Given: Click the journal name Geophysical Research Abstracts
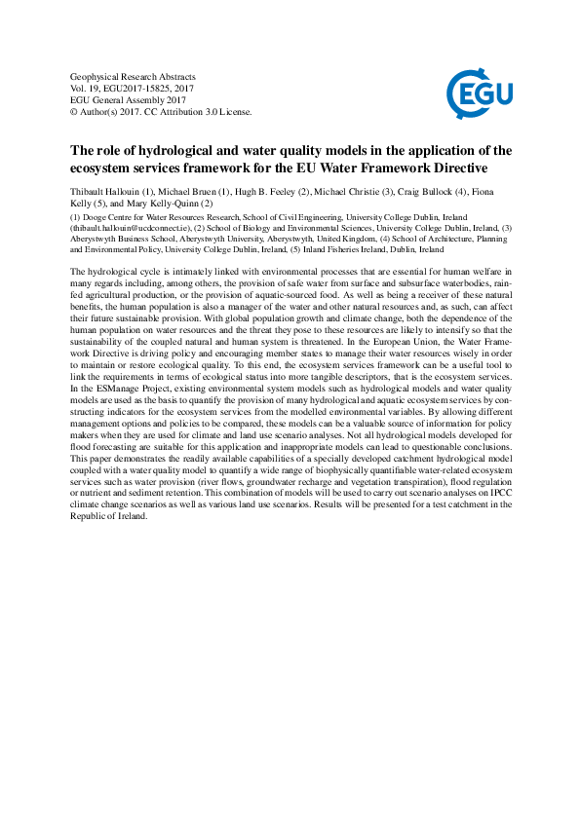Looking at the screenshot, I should pos(134,76).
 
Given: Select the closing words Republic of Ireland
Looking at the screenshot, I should pos(110,516).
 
